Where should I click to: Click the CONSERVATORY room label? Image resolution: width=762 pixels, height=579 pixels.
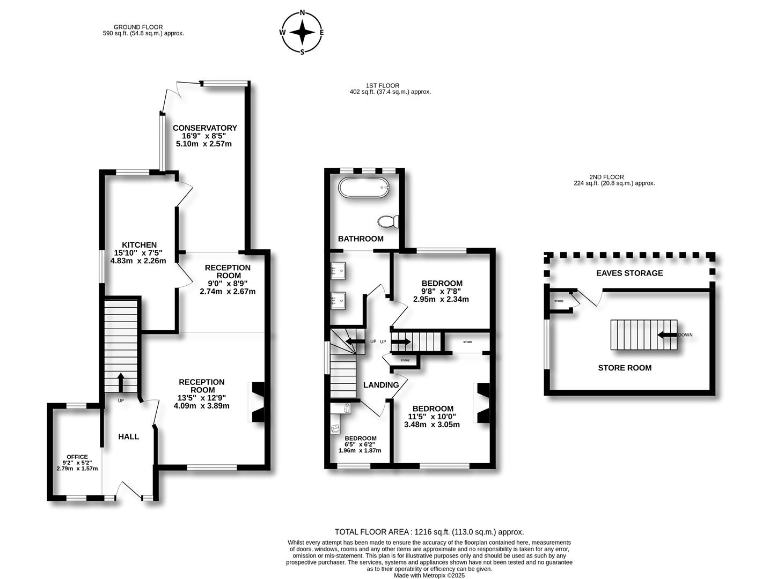[204, 128]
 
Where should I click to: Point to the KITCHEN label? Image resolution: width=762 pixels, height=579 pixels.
[139, 244]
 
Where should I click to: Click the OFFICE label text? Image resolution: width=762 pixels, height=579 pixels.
[77, 457]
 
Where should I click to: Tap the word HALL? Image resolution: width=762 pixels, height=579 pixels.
[129, 436]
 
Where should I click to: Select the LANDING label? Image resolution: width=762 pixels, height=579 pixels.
[381, 384]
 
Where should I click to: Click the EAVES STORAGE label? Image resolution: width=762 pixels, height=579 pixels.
[629, 273]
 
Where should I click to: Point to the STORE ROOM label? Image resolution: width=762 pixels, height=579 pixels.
[625, 368]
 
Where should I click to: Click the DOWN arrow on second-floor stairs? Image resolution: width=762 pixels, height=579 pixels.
[667, 335]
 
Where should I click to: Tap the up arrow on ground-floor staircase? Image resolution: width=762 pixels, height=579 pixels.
[120, 382]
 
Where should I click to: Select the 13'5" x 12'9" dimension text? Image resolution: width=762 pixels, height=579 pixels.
[202, 398]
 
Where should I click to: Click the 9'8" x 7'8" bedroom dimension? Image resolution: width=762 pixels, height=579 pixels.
[441, 291]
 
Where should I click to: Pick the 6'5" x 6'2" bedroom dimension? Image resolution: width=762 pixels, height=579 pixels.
[360, 444]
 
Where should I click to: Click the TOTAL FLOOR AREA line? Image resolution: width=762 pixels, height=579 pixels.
[429, 532]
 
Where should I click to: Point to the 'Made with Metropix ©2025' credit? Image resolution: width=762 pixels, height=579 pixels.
[429, 575]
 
